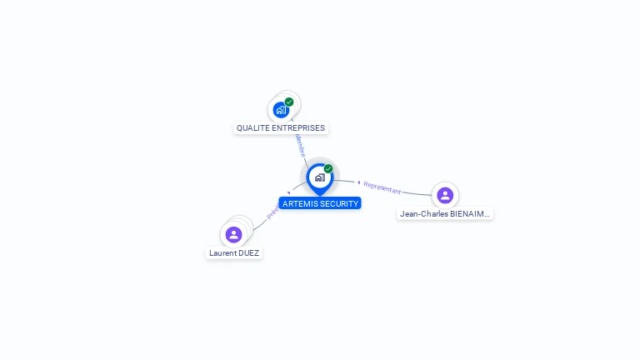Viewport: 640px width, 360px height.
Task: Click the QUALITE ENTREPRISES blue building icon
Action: point(282,109)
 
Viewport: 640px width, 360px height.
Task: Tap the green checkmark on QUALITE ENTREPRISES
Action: point(289,102)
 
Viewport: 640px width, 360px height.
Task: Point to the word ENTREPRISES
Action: point(299,128)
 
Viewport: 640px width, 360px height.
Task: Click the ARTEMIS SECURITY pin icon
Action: point(319,177)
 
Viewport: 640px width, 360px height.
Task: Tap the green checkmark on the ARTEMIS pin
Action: point(328,168)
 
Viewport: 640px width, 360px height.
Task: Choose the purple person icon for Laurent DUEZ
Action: point(233,234)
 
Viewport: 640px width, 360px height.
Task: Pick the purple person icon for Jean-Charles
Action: point(445,195)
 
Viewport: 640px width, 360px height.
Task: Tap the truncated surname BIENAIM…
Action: point(470,214)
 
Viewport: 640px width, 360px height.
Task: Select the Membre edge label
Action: point(300,146)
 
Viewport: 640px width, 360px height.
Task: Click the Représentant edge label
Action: point(382,187)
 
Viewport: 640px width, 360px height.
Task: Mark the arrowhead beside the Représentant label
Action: point(359,182)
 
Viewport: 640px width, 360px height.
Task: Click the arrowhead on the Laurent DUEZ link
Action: point(288,193)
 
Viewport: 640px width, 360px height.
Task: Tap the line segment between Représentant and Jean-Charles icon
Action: point(417,193)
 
